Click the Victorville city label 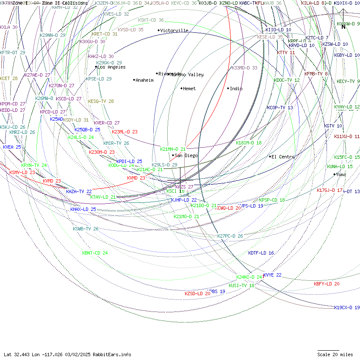pos(174,30)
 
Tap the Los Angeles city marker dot pos(96,67)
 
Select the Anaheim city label pos(144,80)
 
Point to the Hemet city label pos(189,89)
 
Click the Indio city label pos(236,89)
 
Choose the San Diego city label pos(186,155)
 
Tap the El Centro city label pos(283,157)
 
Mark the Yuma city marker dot pos(334,174)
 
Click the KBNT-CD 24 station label pos(95,253)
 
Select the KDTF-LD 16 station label pos(261,253)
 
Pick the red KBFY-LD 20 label pos(327,284)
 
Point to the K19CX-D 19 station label pos(347,307)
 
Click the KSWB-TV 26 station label pos(86,229)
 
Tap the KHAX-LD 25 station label pos(83,209)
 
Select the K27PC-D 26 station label pos(230,236)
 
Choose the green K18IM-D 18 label pos(249,143)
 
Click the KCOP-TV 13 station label pos(280,108)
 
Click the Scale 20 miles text pos(335,354)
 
